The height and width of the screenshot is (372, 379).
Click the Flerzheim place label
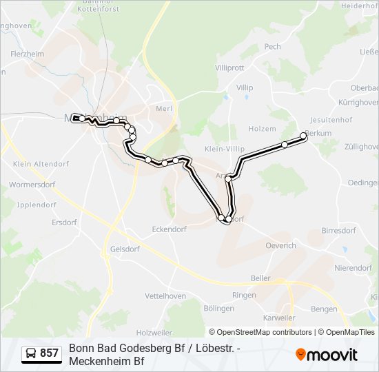point(28,53)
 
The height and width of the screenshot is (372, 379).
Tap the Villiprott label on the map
point(229,68)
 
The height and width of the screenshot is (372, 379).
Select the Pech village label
point(273,47)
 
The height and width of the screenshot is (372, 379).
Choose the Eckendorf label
point(170,229)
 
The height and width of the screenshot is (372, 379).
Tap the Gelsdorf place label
point(125,249)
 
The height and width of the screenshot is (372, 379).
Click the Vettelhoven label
point(165,296)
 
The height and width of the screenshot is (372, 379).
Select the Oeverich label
point(281,245)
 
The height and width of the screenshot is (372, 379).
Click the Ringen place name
point(244,295)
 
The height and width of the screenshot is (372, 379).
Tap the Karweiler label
point(280,318)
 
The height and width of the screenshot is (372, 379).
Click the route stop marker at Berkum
point(304,136)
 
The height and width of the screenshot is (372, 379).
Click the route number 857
point(50,354)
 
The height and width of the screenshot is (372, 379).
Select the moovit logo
point(327,354)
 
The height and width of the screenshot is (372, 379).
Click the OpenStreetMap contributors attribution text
point(260,332)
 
